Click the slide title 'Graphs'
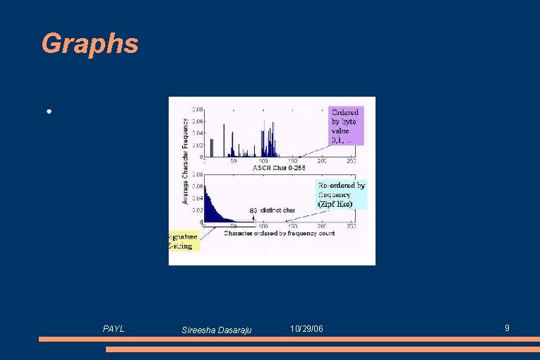click(90, 44)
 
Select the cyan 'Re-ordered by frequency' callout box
click(341, 194)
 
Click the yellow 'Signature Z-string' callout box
click(184, 241)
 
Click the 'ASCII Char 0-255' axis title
click(279, 168)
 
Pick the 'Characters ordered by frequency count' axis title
click(279, 233)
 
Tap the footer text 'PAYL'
click(114, 329)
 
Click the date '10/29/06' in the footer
click(307, 330)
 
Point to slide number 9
click(507, 328)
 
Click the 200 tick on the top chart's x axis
click(321, 162)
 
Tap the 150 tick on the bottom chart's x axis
click(292, 227)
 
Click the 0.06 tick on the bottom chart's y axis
click(197, 186)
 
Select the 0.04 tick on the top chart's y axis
click(197, 133)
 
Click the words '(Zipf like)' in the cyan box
click(335, 203)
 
